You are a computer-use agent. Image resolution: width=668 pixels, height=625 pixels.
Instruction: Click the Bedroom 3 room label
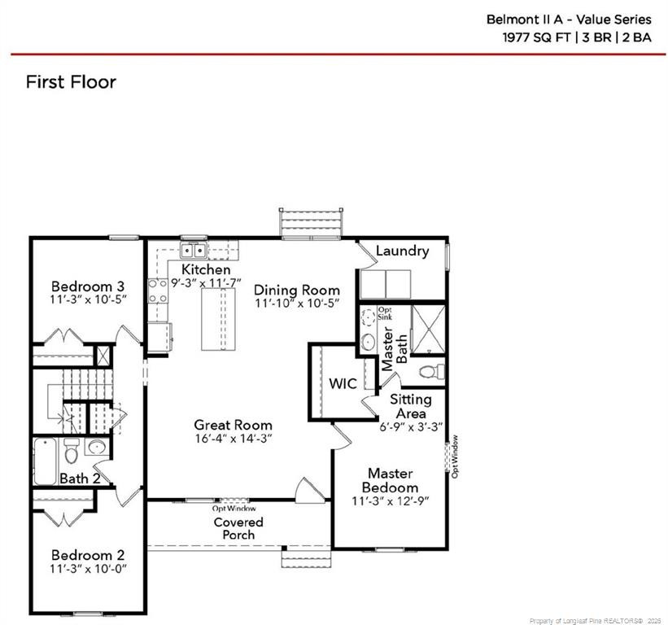(87, 286)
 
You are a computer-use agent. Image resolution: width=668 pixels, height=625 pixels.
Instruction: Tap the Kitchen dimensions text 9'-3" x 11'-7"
(206, 283)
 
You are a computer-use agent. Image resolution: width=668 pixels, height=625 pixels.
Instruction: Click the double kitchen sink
(193, 251)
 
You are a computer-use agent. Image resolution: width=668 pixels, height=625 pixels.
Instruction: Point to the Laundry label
(402, 251)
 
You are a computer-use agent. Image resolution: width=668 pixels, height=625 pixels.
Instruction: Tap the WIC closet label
(343, 384)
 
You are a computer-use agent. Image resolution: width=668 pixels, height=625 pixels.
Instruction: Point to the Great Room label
(233, 425)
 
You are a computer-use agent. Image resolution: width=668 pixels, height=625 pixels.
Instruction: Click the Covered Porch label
(238, 528)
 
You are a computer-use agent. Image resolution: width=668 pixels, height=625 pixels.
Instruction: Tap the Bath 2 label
(80, 479)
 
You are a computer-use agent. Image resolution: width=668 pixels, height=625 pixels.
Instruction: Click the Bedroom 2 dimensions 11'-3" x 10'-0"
(88, 568)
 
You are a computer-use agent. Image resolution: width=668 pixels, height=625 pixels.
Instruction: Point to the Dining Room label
(297, 291)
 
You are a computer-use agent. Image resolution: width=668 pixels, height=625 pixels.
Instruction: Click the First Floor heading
(71, 82)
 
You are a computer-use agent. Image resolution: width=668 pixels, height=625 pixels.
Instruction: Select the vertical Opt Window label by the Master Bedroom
(455, 456)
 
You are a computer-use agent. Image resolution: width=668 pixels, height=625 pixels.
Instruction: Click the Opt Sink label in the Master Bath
(385, 312)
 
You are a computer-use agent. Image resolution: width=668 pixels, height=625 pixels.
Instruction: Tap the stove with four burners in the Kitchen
(156, 291)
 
